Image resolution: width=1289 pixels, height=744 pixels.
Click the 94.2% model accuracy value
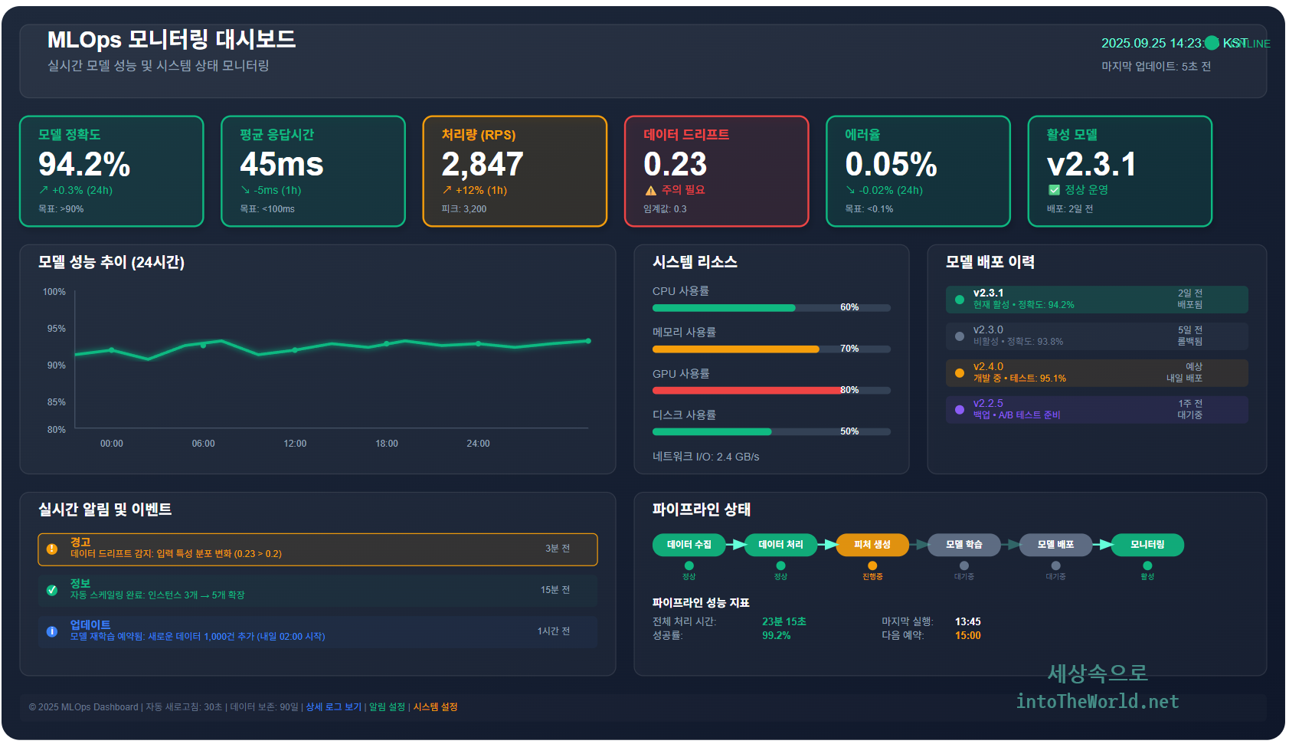pos(84,165)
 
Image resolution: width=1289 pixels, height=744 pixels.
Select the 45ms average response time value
pos(281,165)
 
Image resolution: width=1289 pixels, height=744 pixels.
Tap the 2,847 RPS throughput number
pos(482,165)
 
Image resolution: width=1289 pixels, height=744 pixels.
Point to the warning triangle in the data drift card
pos(650,191)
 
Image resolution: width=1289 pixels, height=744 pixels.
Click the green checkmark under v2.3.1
pos(1054,190)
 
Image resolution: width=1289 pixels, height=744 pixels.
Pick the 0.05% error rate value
pos(891,165)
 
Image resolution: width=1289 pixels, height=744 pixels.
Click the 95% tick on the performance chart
pos(56,329)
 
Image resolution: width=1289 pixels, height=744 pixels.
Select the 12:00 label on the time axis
pos(295,444)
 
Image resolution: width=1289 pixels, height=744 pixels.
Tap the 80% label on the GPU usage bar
pos(849,390)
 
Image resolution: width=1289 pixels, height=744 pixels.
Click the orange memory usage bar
pos(735,349)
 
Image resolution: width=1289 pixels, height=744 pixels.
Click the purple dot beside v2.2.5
pos(960,410)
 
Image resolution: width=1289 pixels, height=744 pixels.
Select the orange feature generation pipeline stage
pos(872,545)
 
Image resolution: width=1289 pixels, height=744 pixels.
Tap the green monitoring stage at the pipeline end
pos(1147,545)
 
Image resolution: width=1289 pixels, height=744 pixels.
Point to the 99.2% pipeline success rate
pos(776,636)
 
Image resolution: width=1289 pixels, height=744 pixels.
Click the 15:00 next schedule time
pos(967,636)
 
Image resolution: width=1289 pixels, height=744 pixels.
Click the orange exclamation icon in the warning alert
pos(52,549)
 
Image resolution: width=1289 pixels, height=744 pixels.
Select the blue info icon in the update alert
pos(52,631)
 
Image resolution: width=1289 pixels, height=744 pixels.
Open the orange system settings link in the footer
pos(435,707)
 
